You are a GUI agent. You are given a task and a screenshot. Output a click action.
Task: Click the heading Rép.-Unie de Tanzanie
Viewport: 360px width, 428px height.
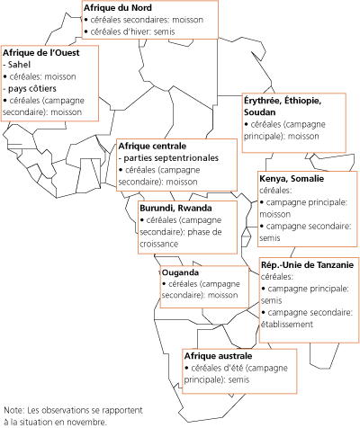(x=306, y=266)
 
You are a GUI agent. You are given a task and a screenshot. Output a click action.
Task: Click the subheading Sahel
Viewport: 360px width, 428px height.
(x=22, y=66)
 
